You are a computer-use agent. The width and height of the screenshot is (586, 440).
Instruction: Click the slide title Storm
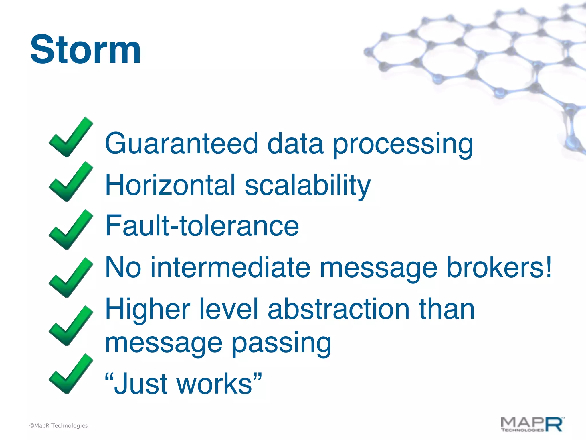(x=85, y=49)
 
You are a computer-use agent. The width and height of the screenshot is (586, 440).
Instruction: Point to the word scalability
(x=308, y=186)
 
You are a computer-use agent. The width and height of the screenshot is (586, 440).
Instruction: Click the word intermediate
(x=230, y=268)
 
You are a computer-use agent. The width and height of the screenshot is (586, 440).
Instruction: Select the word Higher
(x=148, y=309)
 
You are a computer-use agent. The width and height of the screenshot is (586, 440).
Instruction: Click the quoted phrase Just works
(x=183, y=384)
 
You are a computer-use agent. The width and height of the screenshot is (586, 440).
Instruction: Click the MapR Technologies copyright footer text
(x=58, y=426)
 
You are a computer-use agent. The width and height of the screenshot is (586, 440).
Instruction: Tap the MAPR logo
(x=532, y=425)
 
